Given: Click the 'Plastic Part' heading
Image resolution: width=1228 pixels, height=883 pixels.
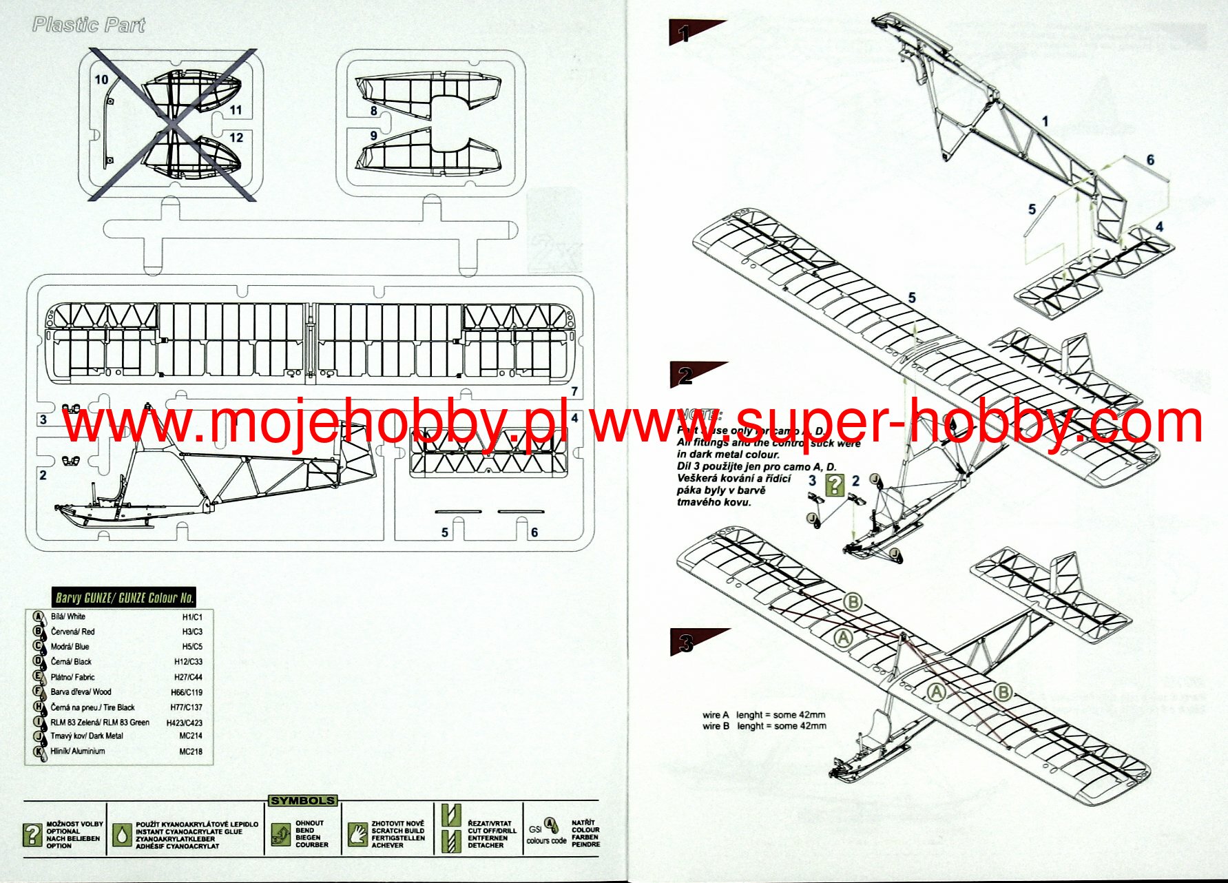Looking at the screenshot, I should coord(89,25).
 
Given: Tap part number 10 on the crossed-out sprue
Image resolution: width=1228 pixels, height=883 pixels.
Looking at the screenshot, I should coord(101,79).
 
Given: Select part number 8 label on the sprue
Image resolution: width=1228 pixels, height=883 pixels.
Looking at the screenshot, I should coord(374,110).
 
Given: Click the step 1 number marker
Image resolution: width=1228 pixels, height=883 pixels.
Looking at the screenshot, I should coord(684,32).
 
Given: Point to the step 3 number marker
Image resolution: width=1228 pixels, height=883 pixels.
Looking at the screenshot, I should coord(685,643).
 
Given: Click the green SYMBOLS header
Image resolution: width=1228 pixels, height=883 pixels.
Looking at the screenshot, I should coord(302,800).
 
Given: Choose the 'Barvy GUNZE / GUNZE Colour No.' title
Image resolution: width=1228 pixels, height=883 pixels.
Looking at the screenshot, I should coord(124,597).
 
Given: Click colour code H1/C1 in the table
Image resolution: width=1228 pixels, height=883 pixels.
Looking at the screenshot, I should coord(192,617).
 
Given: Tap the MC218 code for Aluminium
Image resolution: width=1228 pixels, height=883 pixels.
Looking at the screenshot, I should coord(191,751).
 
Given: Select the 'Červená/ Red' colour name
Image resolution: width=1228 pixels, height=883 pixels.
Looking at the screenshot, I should coord(73,632).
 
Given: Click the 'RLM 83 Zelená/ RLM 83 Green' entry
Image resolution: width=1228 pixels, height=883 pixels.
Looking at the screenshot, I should coord(100,723).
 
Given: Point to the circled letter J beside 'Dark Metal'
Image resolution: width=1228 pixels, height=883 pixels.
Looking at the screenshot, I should coord(39,736).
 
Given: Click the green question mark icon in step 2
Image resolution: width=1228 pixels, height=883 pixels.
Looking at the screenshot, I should coord(834,485).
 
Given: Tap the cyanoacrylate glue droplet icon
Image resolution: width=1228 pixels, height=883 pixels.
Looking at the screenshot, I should coord(122,835).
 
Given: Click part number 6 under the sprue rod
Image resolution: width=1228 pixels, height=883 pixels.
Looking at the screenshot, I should coord(534,532).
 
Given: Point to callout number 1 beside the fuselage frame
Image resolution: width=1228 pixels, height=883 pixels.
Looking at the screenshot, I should coord(1045,121).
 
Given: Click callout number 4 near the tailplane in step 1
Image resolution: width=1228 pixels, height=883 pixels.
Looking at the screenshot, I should coord(1160,227).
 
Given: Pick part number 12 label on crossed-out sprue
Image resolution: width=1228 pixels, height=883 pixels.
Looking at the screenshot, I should coord(236,138).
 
